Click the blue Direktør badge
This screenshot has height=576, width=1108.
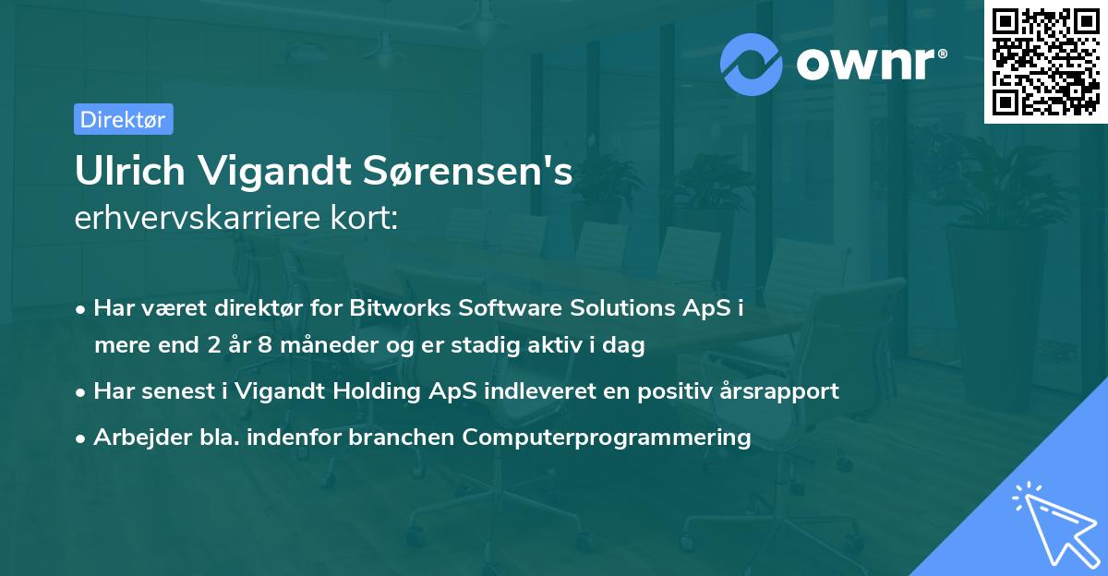click(124, 119)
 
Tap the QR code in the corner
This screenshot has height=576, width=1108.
click(1045, 62)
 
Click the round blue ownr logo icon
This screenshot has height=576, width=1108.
click(751, 65)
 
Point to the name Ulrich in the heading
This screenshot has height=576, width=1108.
click(130, 171)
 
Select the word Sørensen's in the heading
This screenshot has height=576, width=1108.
click(467, 171)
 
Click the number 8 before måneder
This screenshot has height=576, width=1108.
click(265, 344)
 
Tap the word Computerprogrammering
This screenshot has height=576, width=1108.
click(607, 437)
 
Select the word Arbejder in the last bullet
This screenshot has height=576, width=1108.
click(142, 437)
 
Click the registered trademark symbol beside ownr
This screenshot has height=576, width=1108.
click(942, 54)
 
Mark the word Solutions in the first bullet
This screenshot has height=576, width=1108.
click(622, 307)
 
